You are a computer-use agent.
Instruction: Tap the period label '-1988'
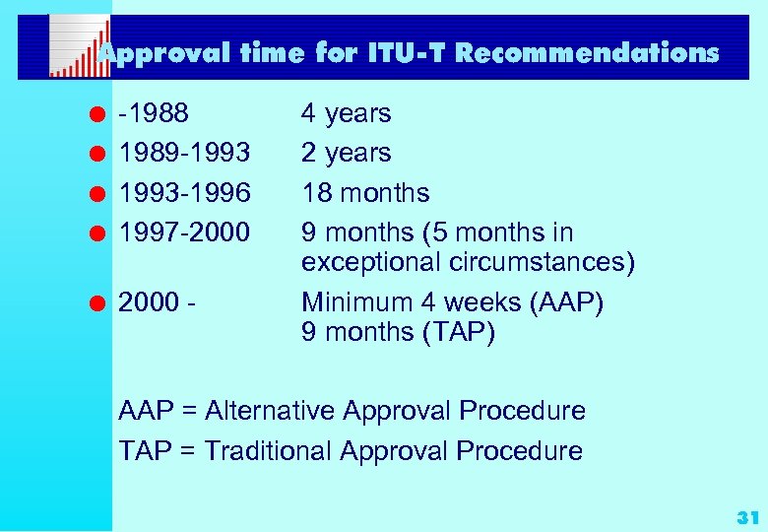coord(154,113)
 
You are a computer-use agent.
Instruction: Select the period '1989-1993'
coord(185,153)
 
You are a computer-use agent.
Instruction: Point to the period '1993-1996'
coord(185,193)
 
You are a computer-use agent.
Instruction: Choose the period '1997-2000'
coord(185,233)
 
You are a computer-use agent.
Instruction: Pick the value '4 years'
coord(346,113)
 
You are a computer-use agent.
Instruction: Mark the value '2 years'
coord(346,153)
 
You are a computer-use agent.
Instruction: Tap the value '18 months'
coord(365,193)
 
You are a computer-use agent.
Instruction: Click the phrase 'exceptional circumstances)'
coord(469,263)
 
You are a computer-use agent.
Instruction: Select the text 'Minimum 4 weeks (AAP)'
coord(452,302)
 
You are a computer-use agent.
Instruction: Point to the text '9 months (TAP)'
coord(399,333)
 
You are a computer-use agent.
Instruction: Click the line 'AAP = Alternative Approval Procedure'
coord(352,411)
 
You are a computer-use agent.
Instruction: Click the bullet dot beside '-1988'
coord(99,113)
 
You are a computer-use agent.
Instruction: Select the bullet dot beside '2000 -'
coord(99,302)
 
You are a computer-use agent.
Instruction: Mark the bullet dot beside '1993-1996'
coord(99,193)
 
